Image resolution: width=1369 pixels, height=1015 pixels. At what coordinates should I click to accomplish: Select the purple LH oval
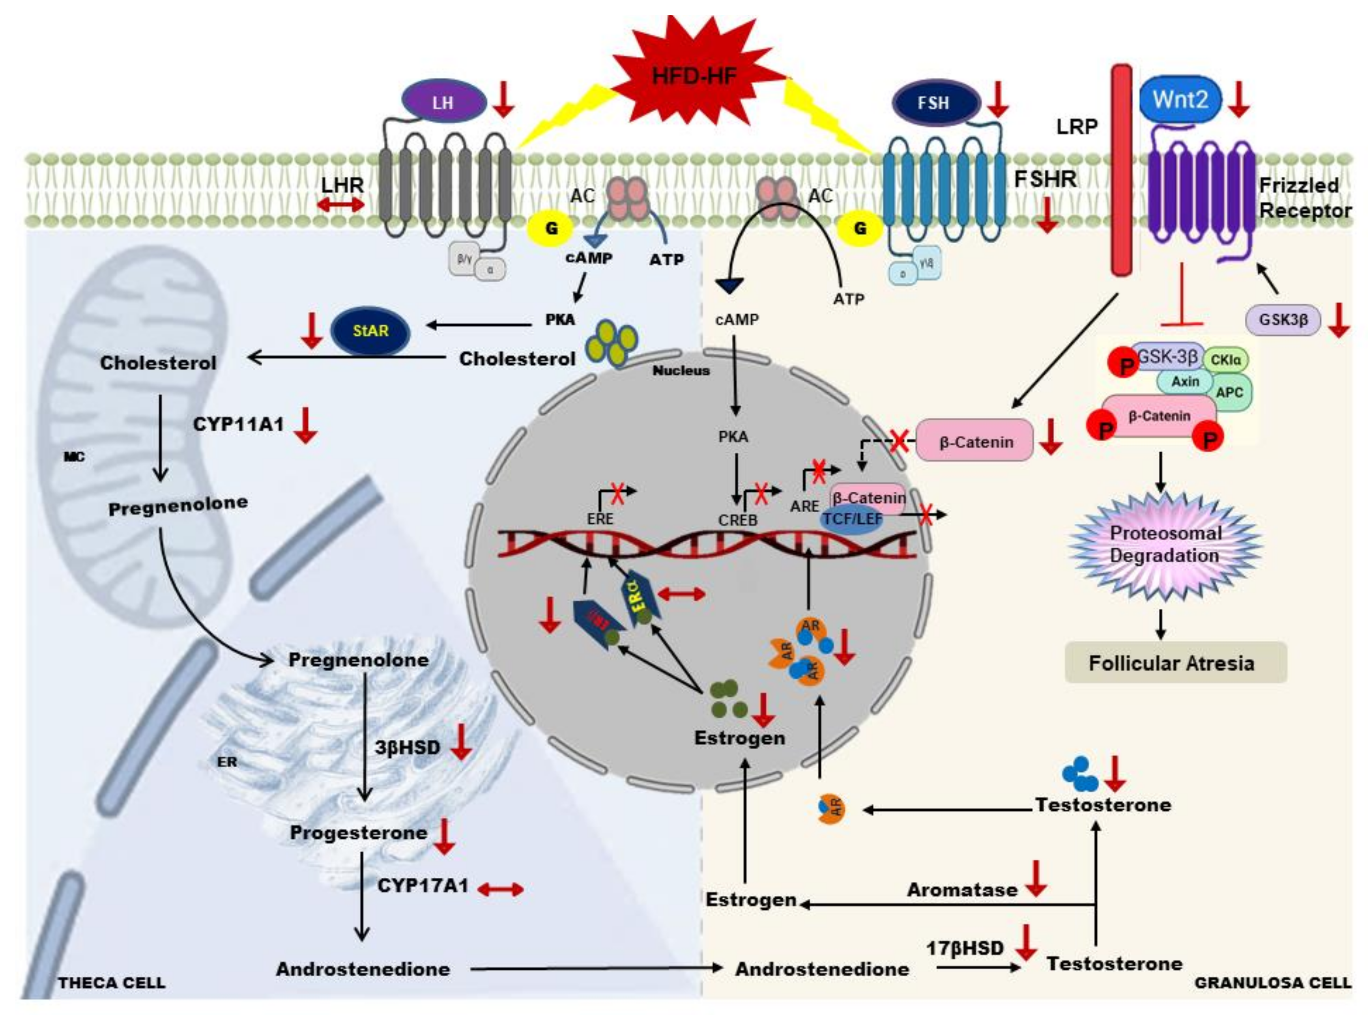(x=443, y=102)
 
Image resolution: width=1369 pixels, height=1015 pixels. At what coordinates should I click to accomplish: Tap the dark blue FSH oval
(x=934, y=103)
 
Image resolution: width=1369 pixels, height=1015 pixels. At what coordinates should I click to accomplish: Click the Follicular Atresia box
(x=1175, y=663)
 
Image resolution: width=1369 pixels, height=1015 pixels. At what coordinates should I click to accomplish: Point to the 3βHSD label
(x=408, y=747)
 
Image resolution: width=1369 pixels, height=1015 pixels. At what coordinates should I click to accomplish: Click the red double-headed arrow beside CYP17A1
(x=500, y=888)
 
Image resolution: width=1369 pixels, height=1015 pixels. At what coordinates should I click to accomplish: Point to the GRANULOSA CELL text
(x=1272, y=982)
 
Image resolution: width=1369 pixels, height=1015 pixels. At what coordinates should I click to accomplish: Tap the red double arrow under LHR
(x=342, y=205)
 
